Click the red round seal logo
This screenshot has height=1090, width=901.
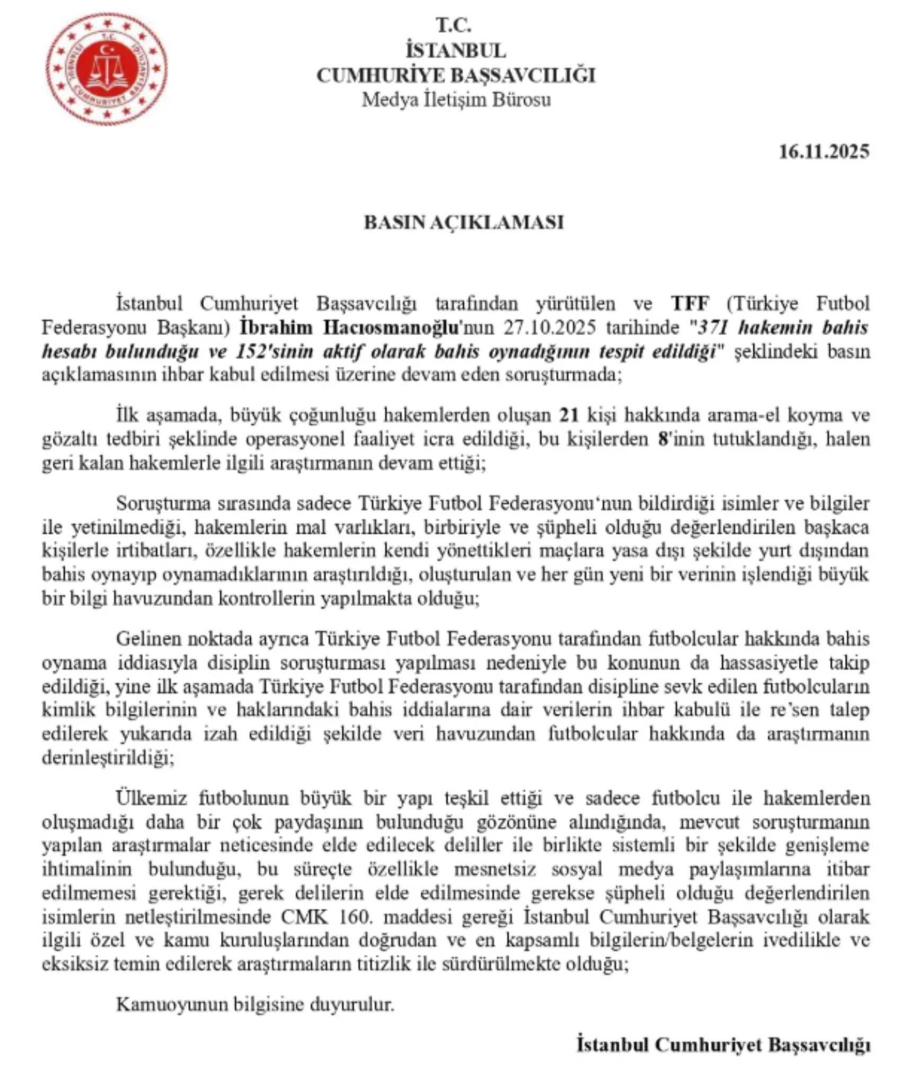tap(106, 68)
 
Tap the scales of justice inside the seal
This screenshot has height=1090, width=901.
tap(107, 69)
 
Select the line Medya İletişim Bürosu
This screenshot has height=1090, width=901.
tap(456, 100)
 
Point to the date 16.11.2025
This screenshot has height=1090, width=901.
tap(824, 152)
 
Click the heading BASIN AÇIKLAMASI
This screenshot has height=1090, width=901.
tap(463, 222)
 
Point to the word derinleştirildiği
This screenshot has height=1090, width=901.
tap(107, 758)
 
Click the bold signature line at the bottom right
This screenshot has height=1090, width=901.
tap(723, 1045)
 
